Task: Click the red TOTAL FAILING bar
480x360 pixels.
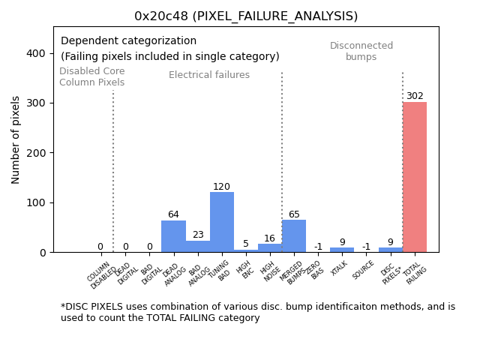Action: pos(415,177)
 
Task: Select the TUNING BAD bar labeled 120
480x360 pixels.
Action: pos(222,222)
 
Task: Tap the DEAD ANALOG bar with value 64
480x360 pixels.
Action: pos(173,236)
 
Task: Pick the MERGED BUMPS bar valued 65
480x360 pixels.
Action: pos(294,236)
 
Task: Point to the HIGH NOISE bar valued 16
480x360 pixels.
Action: pos(270,248)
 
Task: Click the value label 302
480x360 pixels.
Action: pos(415,96)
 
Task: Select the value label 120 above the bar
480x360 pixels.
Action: pos(221,187)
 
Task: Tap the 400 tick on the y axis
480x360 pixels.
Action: pos(35,53)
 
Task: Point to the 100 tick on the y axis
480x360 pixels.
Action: pos(35,202)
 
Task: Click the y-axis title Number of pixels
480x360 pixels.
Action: pos(16,139)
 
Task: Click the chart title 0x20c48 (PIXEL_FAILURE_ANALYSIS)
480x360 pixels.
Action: pos(246,16)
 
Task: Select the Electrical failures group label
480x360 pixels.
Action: pos(209,75)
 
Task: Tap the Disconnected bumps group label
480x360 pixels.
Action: pos(361,51)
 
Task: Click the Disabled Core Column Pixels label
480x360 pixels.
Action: pos(92,77)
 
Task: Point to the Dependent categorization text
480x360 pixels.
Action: pos(128,41)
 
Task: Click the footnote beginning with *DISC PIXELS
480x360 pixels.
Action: pos(257,312)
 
